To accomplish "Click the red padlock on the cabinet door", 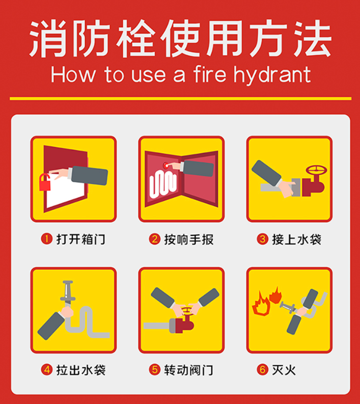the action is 44,183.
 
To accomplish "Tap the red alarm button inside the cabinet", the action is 166,165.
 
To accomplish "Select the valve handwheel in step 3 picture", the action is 316,170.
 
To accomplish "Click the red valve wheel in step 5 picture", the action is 187,311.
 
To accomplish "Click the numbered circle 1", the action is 47,238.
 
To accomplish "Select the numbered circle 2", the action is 154,239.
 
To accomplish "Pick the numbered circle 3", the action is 262,239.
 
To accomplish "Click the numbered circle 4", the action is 47,370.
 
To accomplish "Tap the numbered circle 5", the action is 154,370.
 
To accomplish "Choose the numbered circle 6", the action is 262,370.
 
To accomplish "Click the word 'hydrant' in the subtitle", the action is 272,75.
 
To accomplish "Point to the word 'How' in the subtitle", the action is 73,75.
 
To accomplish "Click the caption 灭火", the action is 284,370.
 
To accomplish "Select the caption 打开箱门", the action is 80,239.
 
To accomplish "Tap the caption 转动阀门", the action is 188,370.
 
